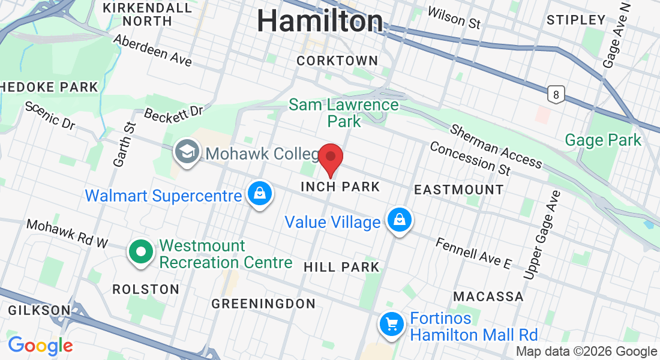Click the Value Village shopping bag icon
point(398,221)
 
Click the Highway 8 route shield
point(556,94)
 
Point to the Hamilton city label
point(320,22)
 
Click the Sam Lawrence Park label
point(344,113)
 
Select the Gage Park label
point(603,140)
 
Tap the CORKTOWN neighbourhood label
point(337,61)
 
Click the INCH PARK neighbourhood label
point(340,187)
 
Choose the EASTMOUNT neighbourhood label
point(459,190)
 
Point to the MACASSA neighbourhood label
point(488,296)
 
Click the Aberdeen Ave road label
point(152,50)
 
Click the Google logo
point(40,346)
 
